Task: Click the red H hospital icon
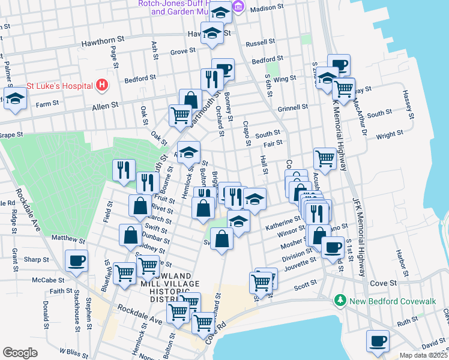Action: pos(101,85)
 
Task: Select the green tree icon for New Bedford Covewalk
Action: pos(340,299)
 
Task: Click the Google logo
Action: pos(20,353)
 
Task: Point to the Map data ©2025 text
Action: pos(423,355)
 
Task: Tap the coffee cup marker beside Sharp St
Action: pos(76,261)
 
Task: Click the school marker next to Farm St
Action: pos(14,100)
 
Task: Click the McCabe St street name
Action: pos(48,280)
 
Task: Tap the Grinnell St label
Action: pos(294,107)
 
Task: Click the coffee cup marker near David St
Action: pos(378,341)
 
